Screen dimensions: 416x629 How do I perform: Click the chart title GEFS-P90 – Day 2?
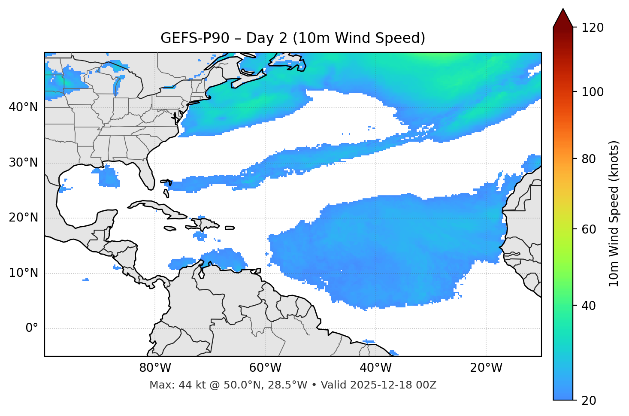tap(293, 38)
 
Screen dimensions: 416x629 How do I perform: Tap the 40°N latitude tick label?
tap(23, 107)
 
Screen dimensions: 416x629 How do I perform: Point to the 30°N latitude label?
tap(23, 163)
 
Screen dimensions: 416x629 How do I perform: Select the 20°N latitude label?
tap(23, 218)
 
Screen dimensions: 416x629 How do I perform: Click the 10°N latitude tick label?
tap(23, 273)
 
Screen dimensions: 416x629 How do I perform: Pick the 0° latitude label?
tap(31, 328)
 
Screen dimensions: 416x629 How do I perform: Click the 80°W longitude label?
tap(155, 368)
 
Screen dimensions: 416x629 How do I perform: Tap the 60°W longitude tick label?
tap(265, 368)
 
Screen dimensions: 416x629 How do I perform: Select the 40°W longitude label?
tap(375, 368)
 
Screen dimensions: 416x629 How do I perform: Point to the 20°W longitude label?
tap(486, 368)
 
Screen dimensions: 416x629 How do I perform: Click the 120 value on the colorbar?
tap(593, 28)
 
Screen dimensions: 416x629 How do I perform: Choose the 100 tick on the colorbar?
tap(593, 92)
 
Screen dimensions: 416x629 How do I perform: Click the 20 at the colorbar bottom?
tap(589, 401)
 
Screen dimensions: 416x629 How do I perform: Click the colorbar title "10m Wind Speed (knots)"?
tap(614, 213)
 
